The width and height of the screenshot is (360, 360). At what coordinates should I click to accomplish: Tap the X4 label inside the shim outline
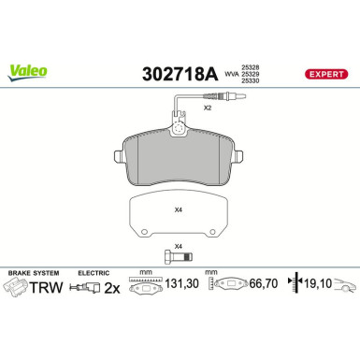pyautogui.click(x=179, y=209)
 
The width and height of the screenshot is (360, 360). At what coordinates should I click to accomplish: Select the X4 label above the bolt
pyautogui.click(x=179, y=247)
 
